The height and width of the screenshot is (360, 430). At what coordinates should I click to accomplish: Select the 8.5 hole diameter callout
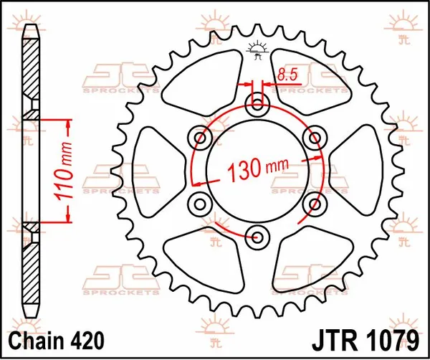(287, 73)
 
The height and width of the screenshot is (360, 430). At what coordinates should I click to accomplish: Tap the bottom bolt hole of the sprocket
(256, 233)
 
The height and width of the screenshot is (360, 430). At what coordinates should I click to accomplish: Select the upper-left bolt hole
(200, 136)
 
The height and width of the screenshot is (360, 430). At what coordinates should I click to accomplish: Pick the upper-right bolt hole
(312, 136)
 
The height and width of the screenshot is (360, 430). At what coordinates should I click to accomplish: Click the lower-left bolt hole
(200, 202)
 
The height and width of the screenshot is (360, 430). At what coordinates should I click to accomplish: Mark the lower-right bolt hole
(312, 202)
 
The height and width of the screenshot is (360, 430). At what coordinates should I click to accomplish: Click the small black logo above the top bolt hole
(257, 51)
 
